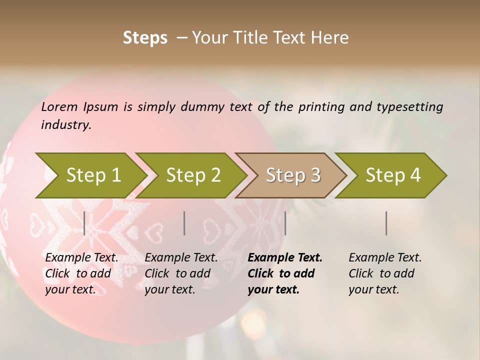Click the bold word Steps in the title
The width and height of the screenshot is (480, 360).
click(x=145, y=38)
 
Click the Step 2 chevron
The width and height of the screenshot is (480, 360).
click(x=192, y=175)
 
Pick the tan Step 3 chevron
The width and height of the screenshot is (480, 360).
click(x=292, y=175)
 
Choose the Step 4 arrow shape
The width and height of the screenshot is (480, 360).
click(x=392, y=175)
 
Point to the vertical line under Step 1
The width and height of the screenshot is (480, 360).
click(x=84, y=223)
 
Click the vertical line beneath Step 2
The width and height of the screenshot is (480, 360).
click(x=184, y=223)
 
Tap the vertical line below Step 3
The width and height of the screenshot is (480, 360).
click(x=285, y=223)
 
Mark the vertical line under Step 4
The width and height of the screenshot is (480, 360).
click(x=386, y=223)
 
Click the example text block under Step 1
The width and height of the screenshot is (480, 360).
click(x=81, y=273)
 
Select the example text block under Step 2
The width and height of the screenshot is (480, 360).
click(x=181, y=273)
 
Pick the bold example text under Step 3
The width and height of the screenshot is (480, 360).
click(x=285, y=273)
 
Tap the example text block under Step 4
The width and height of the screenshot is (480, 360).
click(x=385, y=273)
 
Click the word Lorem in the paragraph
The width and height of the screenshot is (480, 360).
click(x=59, y=107)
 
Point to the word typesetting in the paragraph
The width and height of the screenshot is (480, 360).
click(x=409, y=107)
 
